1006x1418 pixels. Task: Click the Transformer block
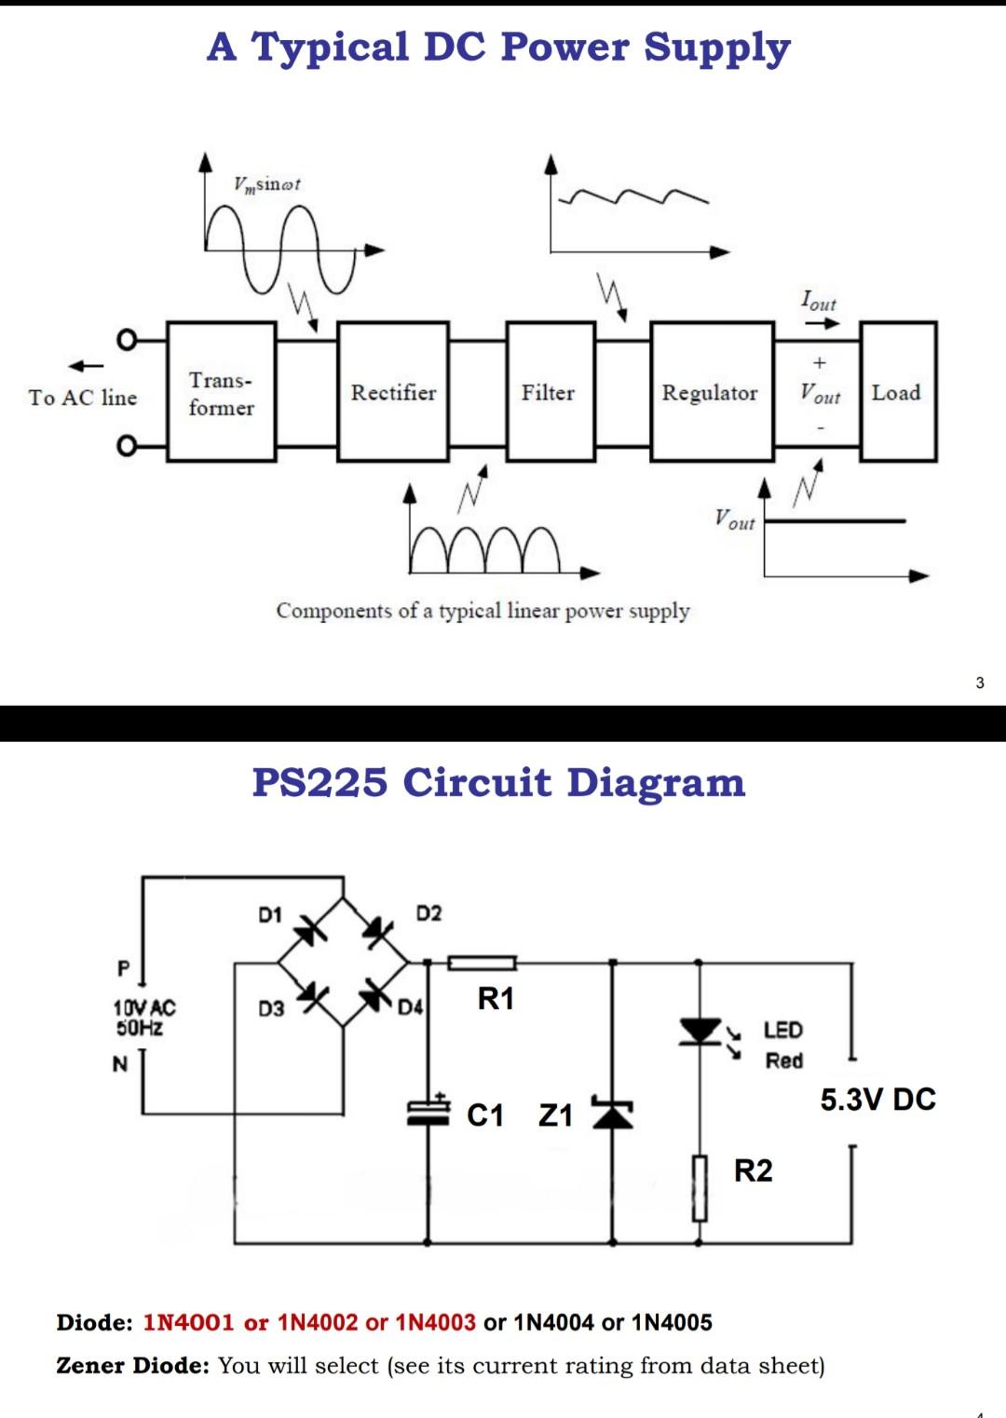point(222,392)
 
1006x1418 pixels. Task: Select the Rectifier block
point(393,392)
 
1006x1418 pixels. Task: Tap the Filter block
point(550,392)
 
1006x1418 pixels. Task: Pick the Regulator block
point(712,392)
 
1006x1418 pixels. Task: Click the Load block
point(897,392)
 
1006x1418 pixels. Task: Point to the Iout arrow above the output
point(822,323)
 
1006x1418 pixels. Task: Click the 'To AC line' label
point(83,398)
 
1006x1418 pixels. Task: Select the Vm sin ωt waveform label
point(267,184)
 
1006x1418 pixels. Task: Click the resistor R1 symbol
point(482,963)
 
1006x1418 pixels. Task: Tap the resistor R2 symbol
point(700,1188)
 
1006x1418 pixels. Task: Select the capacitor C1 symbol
point(428,1112)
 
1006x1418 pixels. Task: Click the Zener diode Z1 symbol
point(612,1114)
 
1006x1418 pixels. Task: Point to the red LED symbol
point(700,1032)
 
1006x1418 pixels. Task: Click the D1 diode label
point(270,915)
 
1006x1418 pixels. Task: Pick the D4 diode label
point(410,1007)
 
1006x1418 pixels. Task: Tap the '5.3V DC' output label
point(877,1100)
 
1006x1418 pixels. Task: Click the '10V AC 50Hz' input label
point(144,1018)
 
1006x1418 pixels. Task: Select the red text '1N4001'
point(188,1322)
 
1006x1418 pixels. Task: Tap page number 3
point(979,682)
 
